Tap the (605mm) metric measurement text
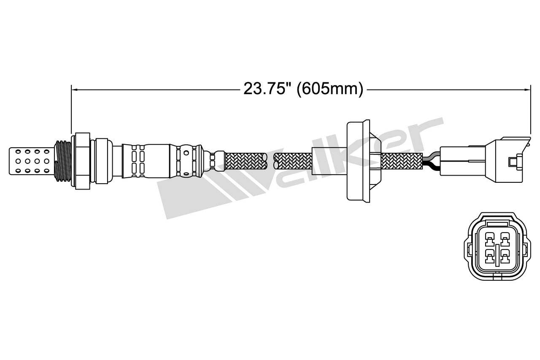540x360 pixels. point(330,89)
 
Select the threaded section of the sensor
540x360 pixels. point(64,161)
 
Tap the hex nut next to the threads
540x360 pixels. point(82,161)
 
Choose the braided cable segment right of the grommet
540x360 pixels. point(401,161)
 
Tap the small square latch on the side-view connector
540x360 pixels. point(513,161)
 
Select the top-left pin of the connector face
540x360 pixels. point(489,240)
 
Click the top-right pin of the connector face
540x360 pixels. point(504,240)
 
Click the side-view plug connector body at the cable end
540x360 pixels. point(481,161)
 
